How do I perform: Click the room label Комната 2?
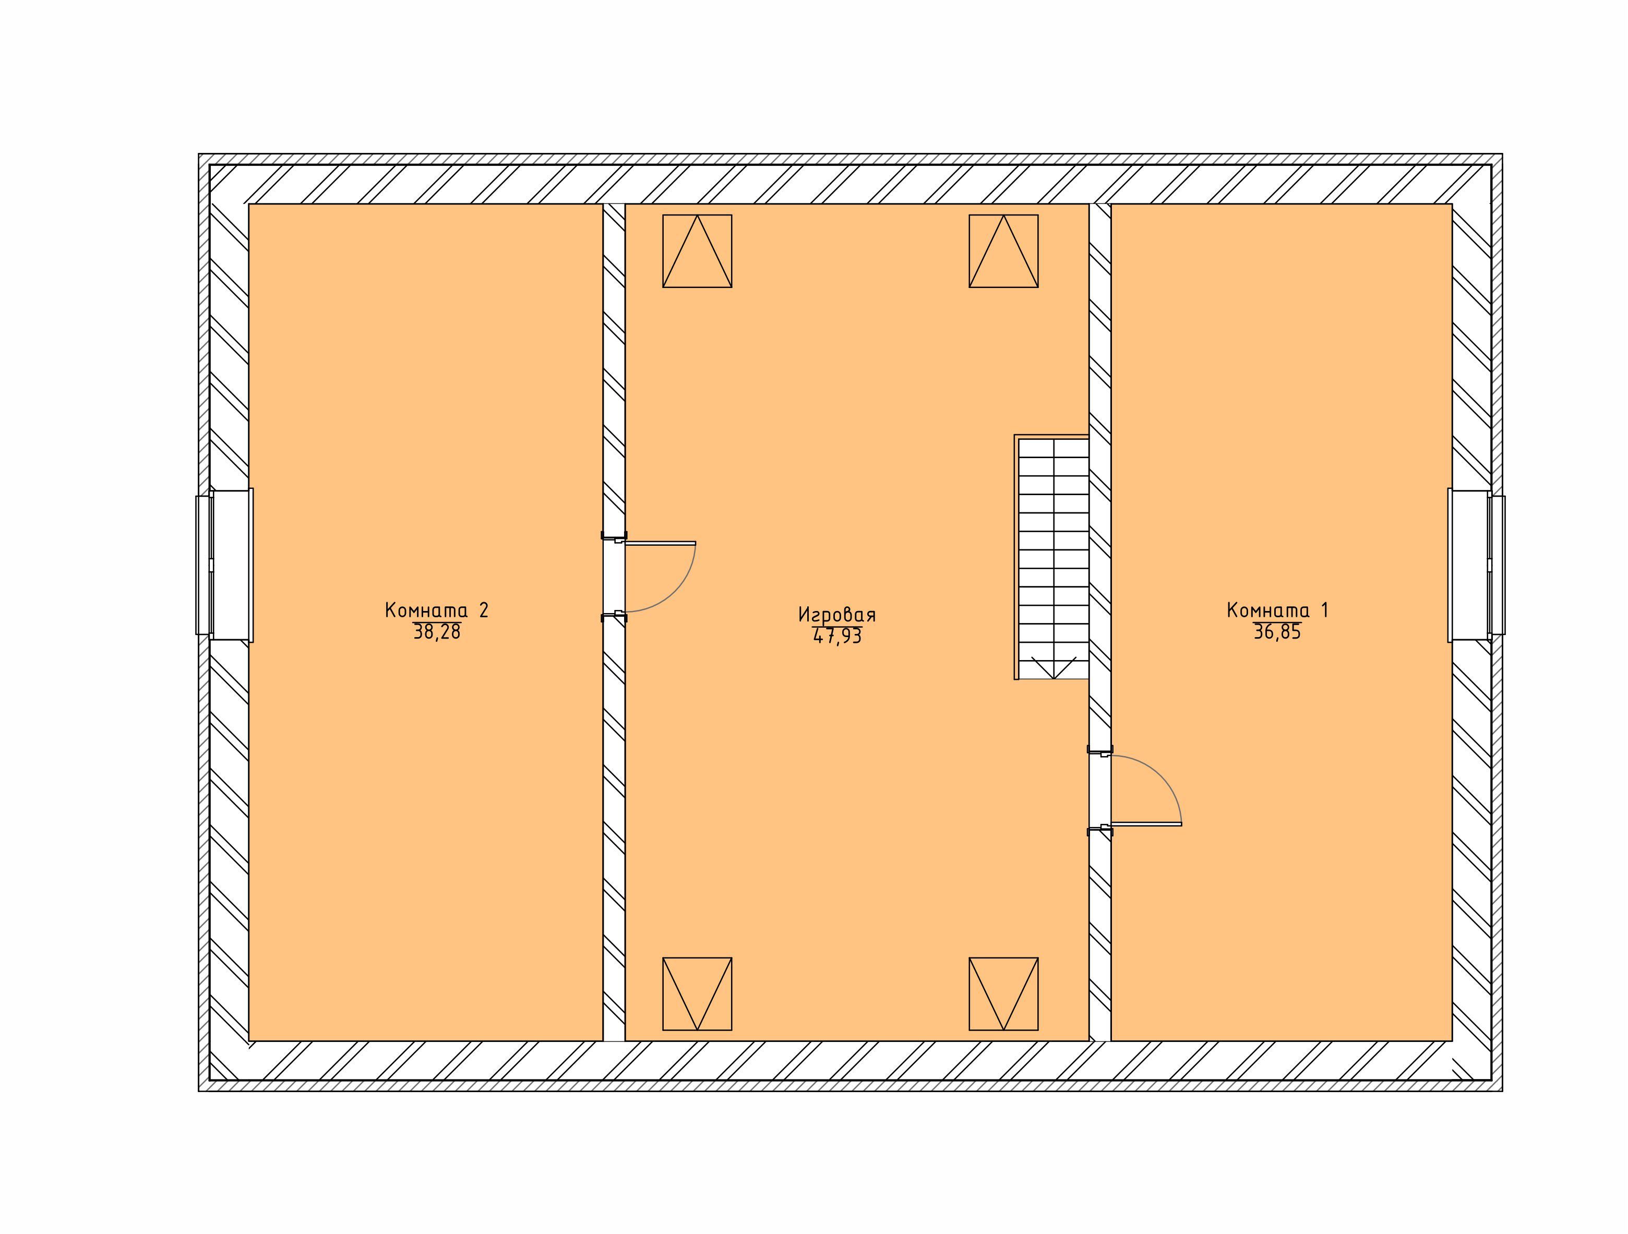(436, 610)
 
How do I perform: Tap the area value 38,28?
(437, 632)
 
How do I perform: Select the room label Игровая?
(837, 615)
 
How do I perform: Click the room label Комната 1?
(1278, 610)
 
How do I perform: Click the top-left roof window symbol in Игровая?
(697, 251)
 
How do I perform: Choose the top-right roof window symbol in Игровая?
(1003, 251)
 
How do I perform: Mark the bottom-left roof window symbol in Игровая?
(697, 993)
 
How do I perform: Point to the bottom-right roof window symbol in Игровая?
(1003, 993)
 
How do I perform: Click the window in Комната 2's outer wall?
(224, 565)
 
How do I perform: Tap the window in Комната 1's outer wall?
(1476, 565)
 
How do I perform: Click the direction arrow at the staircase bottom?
(1054, 667)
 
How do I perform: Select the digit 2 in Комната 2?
(483, 610)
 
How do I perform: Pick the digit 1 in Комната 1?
(1325, 610)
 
